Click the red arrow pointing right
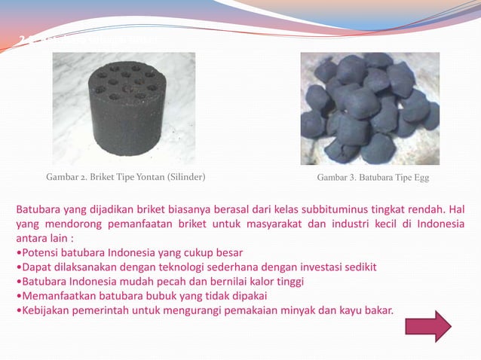[x=428, y=326]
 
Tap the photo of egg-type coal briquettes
[x=369, y=108]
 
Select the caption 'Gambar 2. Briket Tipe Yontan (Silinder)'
[x=126, y=178]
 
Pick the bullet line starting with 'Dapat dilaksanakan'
[x=196, y=266]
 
